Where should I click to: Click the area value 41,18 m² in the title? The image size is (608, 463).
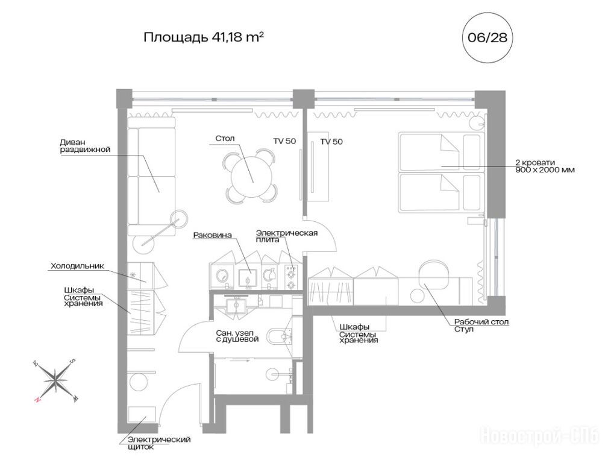[x=238, y=37]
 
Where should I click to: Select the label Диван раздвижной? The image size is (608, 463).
[x=85, y=146]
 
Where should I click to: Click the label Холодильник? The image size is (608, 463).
[x=77, y=266]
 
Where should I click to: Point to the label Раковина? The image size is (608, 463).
[x=212, y=235]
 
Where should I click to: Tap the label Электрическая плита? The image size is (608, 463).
[x=287, y=236]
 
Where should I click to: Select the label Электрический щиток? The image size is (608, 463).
[x=159, y=443]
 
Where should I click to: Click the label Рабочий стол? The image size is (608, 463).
[x=481, y=322]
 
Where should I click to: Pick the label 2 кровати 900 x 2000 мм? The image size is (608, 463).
[x=545, y=166]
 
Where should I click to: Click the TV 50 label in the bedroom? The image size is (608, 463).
[x=331, y=142]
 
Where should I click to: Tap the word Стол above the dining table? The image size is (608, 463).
[x=225, y=139]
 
